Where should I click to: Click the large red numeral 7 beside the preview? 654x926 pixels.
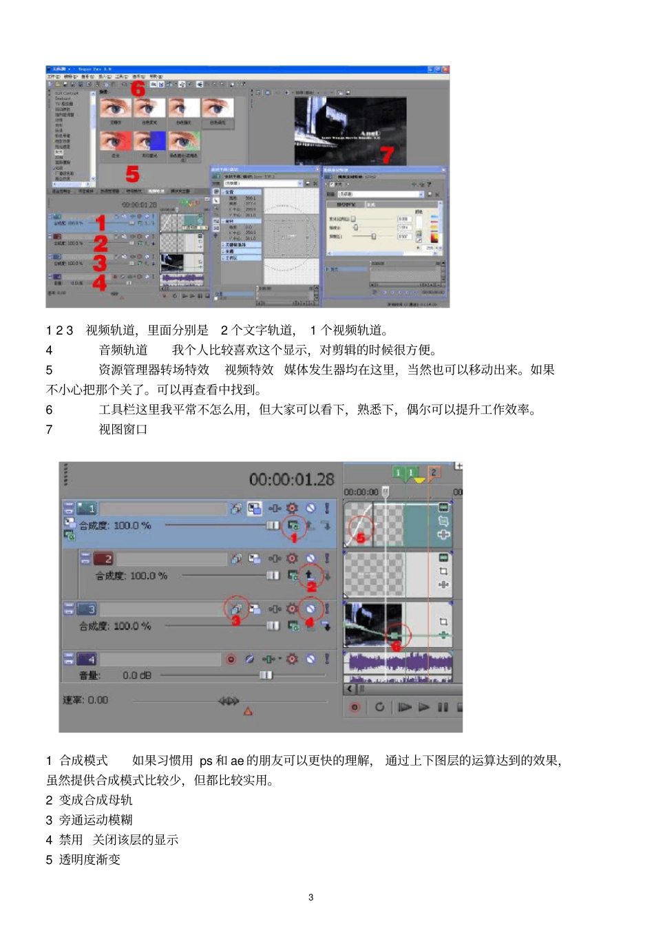(x=387, y=155)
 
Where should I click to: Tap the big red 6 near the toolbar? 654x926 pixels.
(x=138, y=88)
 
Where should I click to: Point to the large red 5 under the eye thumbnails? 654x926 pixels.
(x=132, y=174)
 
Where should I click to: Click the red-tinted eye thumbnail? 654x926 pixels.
(x=115, y=141)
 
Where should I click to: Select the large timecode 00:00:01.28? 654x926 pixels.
(x=291, y=479)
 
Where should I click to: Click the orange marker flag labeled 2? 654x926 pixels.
(x=434, y=472)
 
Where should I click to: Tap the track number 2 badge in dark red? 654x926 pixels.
(x=103, y=558)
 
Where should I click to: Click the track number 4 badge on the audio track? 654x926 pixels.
(x=87, y=659)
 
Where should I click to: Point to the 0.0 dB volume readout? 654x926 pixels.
(x=137, y=675)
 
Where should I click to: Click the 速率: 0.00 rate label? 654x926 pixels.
(x=85, y=700)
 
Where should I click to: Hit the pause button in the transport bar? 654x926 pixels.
(x=443, y=706)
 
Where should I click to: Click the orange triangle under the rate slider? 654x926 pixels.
(x=248, y=711)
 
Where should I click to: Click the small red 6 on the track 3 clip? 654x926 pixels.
(x=396, y=646)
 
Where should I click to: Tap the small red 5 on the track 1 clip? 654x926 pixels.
(x=361, y=538)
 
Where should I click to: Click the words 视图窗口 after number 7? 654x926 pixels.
(x=123, y=430)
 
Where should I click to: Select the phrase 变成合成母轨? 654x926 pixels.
(x=96, y=800)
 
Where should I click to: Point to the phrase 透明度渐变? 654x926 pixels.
(x=89, y=859)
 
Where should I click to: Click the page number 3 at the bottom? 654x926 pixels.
(x=311, y=897)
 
